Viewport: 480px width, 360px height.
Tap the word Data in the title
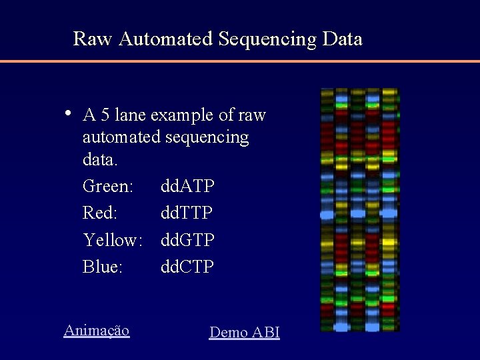click(342, 39)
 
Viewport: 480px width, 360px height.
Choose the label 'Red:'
click(101, 213)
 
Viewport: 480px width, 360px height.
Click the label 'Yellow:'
click(113, 240)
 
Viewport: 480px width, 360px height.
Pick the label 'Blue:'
click(103, 267)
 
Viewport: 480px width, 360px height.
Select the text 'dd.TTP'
click(187, 213)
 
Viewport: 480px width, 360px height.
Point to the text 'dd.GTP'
click(187, 240)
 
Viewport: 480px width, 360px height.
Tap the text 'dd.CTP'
click(187, 267)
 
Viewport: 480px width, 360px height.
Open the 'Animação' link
click(97, 330)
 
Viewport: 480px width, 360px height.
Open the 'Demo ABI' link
click(245, 332)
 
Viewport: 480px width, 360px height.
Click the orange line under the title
click(240, 61)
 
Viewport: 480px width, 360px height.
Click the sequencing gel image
click(360, 209)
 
